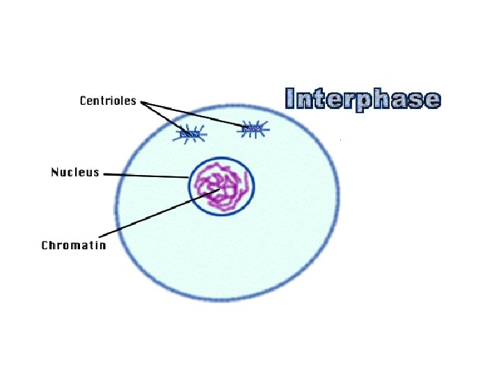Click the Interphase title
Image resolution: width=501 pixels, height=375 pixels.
pos(363,99)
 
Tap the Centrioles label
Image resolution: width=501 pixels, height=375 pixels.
pos(108,101)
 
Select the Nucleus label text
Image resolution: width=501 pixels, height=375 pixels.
pos(75,172)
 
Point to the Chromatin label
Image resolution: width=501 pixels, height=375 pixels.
pos(74,245)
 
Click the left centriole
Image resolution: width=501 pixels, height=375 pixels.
pos(188,133)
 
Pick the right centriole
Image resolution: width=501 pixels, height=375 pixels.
pos(252,128)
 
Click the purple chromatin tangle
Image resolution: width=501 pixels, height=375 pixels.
pos(221,185)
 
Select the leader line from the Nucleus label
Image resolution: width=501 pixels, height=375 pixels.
pos(146,175)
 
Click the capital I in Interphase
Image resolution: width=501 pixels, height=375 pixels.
pos(289,99)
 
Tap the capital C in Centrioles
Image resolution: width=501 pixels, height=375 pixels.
pos(84,101)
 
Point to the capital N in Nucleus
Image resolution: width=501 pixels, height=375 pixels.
pos(56,172)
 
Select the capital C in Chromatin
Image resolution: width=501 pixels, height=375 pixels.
pos(45,245)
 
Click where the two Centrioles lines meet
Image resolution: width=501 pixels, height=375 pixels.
pos(142,102)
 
